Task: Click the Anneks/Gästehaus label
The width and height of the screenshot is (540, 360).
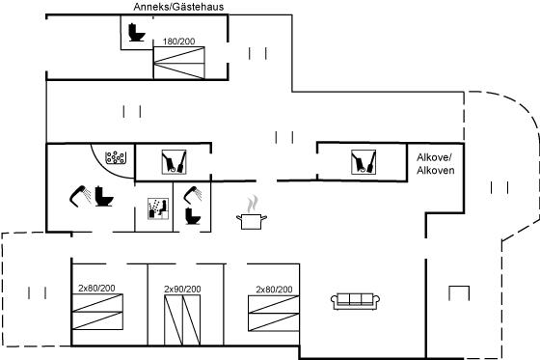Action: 178,7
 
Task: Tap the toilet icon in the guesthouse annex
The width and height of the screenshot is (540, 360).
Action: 137,32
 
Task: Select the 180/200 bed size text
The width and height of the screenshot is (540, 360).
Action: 178,42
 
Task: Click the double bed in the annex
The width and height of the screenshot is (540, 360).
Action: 179,63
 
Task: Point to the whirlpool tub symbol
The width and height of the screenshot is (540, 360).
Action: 115,157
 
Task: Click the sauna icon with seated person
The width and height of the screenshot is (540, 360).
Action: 158,208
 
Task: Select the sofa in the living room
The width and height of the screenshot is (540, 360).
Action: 355,301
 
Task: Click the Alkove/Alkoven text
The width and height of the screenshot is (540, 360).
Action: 435,164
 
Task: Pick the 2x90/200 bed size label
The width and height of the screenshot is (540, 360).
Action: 182,289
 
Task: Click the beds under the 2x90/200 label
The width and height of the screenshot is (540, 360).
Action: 182,320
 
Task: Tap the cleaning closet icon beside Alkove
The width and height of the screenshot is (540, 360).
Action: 364,162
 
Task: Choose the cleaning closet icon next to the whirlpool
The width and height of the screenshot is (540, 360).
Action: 174,162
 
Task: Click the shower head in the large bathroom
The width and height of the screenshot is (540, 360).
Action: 80,196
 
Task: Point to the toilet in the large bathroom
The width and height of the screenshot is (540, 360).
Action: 104,196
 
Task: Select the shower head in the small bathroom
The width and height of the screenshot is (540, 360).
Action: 193,195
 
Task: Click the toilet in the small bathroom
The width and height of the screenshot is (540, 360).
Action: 193,216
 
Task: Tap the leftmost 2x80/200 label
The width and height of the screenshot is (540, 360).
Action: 96,289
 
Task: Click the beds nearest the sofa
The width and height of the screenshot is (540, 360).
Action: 274,313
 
